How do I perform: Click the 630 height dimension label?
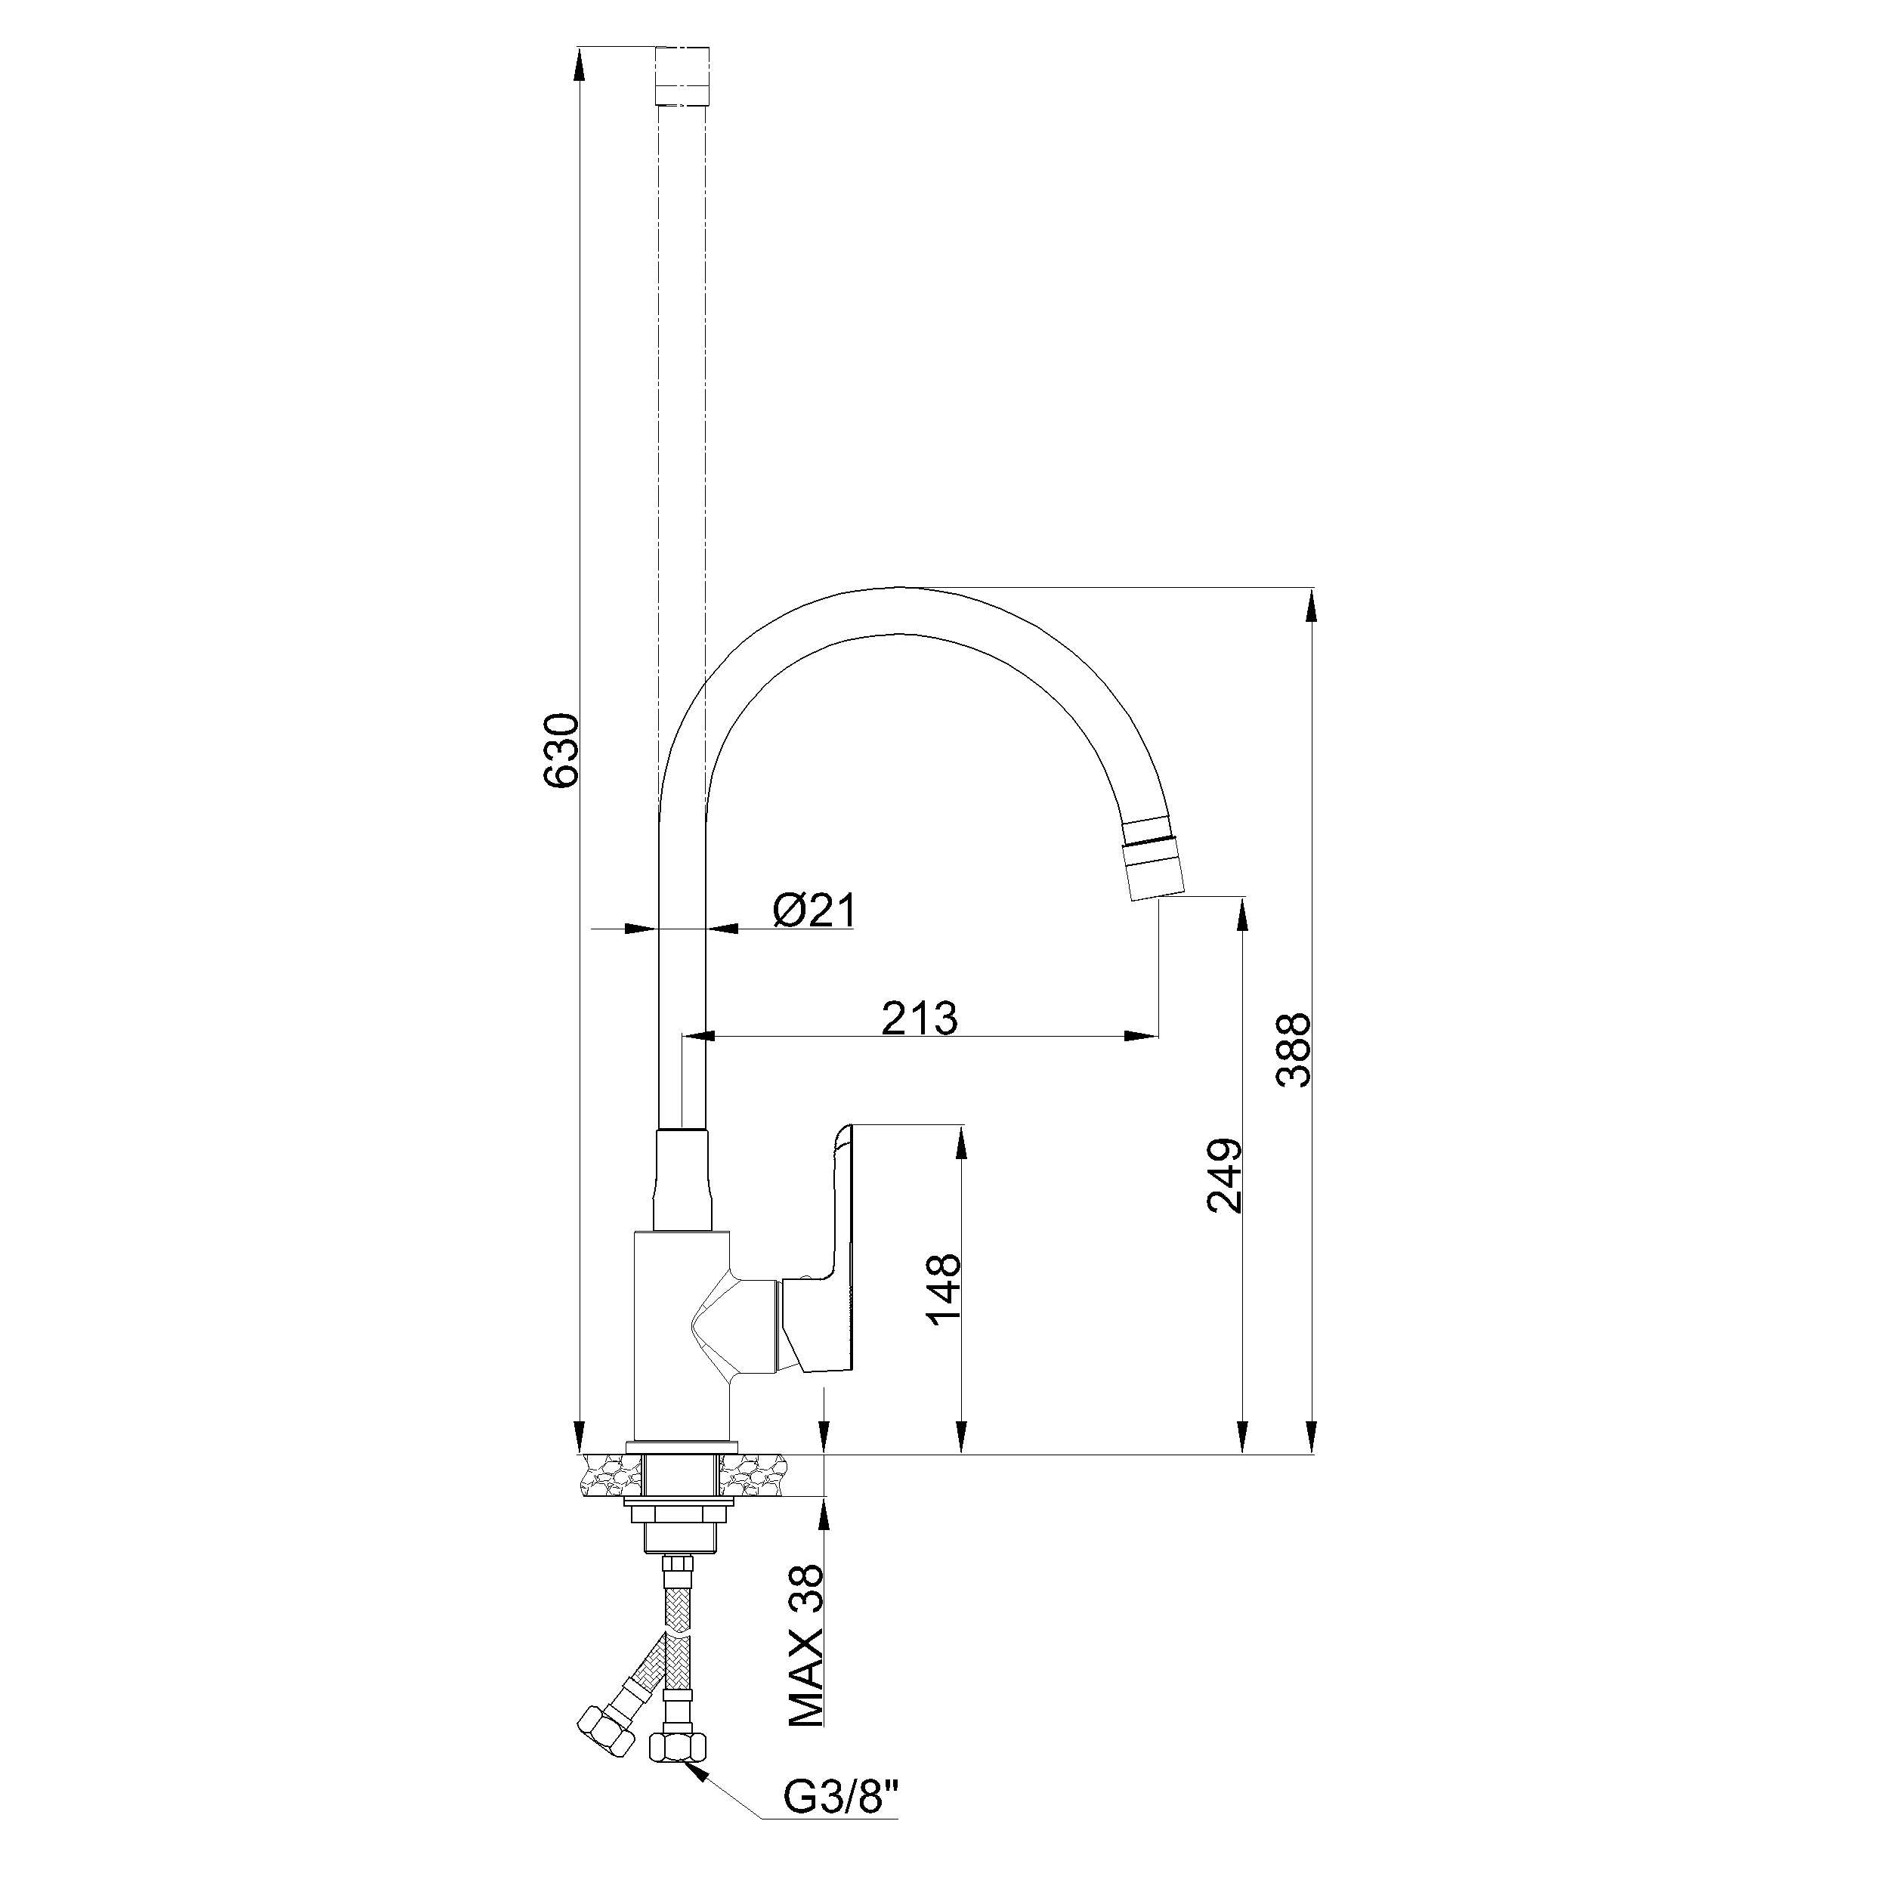click(562, 750)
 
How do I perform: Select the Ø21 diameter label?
click(814, 911)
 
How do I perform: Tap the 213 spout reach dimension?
click(919, 1018)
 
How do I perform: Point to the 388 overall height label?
click(1294, 1051)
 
